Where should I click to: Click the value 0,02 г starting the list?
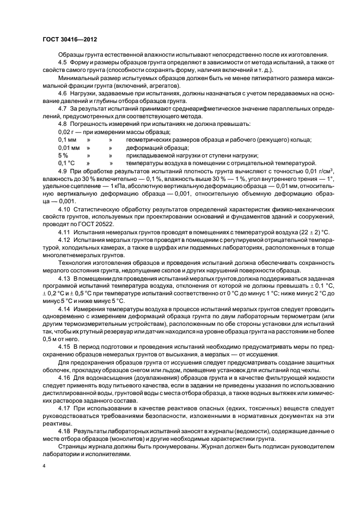[66, 132]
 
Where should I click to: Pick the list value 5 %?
[63, 155]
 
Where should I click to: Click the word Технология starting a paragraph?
[75, 262]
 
